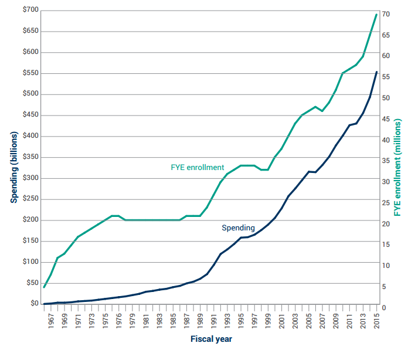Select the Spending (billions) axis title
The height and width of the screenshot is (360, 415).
click(12, 158)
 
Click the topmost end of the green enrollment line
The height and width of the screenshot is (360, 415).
click(376, 14)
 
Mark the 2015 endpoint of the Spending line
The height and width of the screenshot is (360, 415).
click(376, 72)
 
